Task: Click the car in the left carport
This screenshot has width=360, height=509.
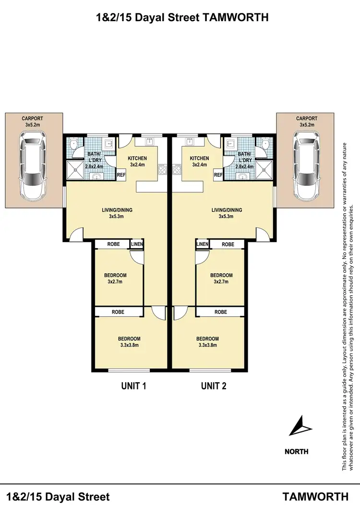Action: [x=33, y=166]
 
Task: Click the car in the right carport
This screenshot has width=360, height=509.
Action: [x=306, y=166]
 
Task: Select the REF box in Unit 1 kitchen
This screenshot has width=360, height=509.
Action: [x=121, y=175]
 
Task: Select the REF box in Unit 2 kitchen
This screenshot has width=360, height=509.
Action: [x=218, y=175]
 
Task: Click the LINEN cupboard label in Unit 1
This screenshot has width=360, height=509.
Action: [x=137, y=244]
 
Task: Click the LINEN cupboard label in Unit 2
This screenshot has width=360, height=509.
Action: [x=202, y=244]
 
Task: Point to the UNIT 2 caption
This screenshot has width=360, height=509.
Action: [x=214, y=386]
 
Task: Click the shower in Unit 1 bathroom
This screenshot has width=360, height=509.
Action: [x=75, y=169]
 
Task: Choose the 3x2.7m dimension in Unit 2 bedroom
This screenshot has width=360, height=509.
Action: [x=221, y=282]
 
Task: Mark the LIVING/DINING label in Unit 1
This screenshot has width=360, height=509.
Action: [x=117, y=210]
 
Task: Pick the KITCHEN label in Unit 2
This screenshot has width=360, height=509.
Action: [x=199, y=158]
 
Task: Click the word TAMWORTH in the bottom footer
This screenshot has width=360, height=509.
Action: [x=315, y=497]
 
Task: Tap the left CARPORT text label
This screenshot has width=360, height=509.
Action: [x=32, y=118]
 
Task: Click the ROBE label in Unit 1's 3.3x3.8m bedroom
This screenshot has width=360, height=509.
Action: [x=118, y=312]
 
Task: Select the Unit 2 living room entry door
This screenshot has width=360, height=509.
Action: [x=263, y=234]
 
